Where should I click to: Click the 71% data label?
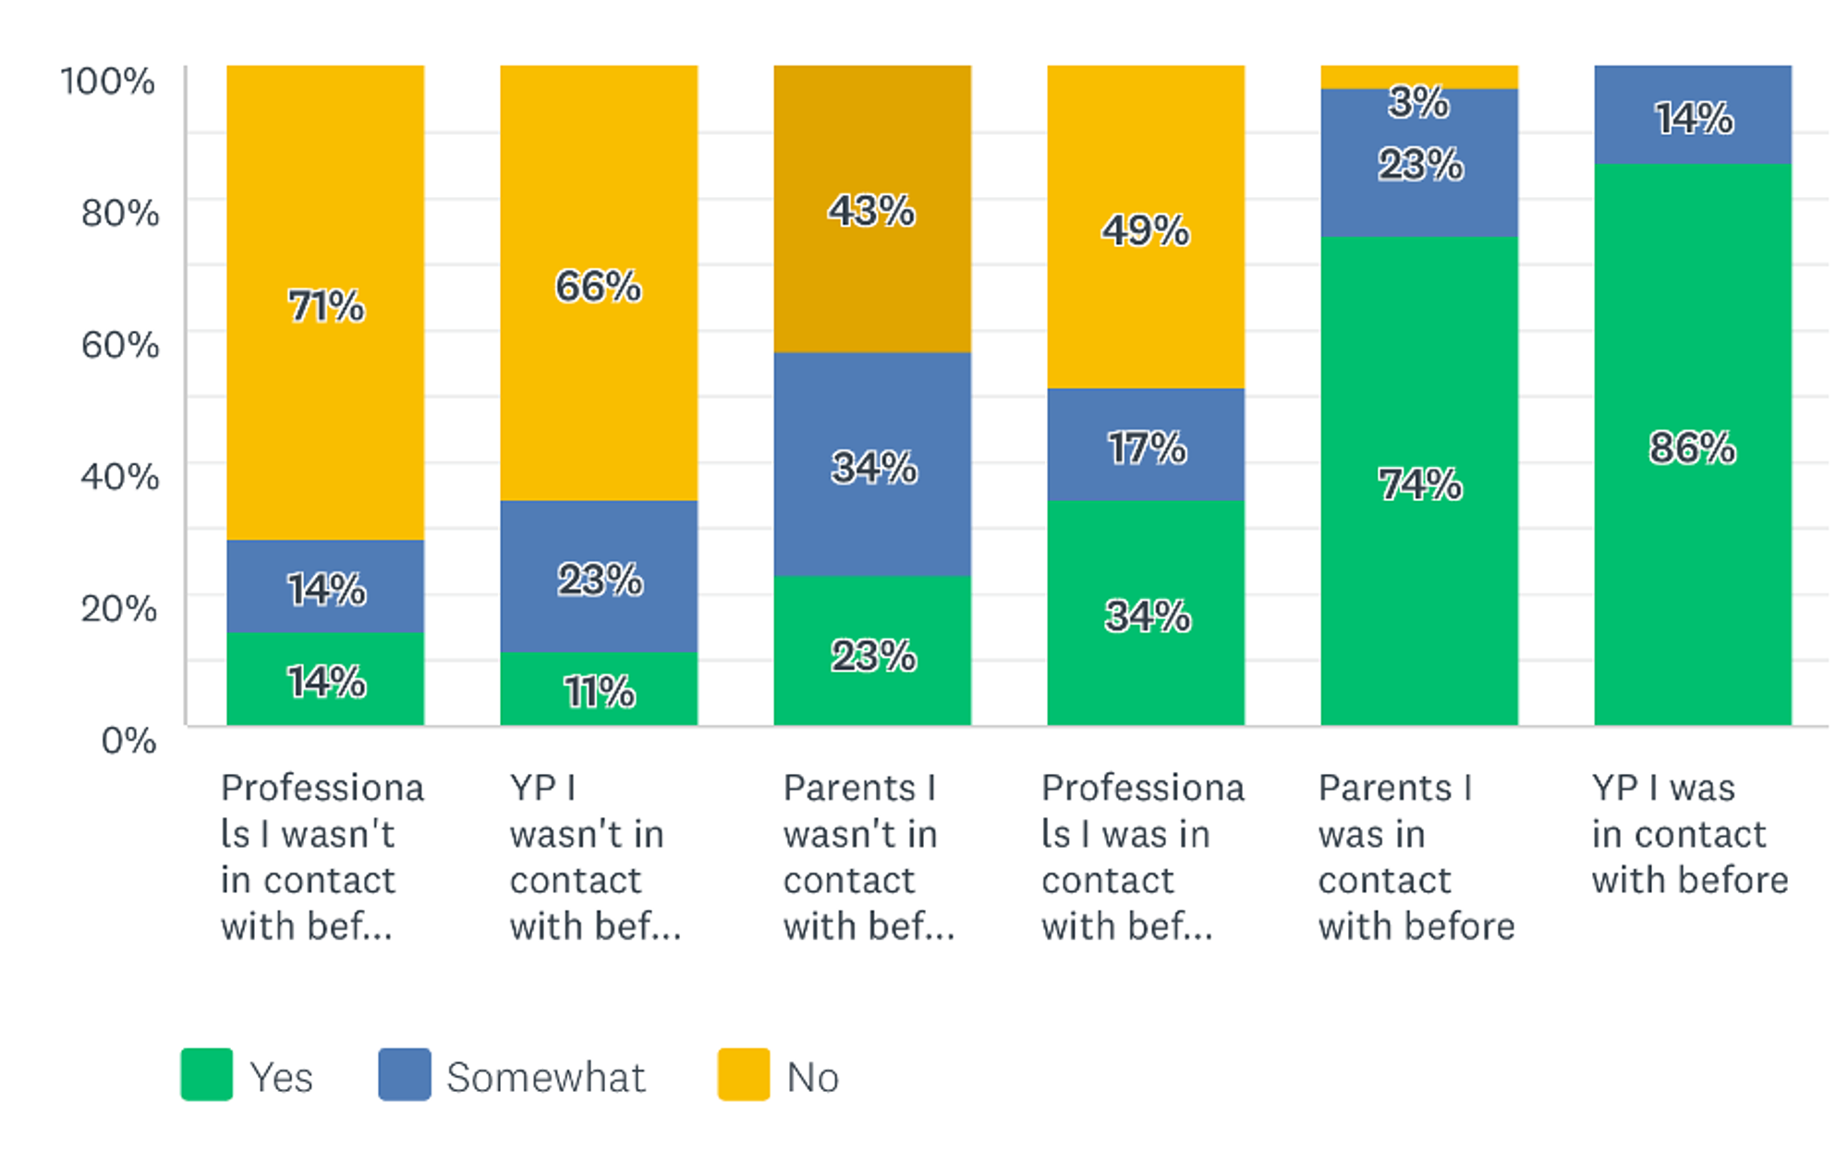[x=326, y=306]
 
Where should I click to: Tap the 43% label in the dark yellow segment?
[x=871, y=211]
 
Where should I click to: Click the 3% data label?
[x=1418, y=102]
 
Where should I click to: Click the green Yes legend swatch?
[x=206, y=1074]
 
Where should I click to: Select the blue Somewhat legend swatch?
[x=405, y=1074]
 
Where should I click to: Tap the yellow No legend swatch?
[x=744, y=1074]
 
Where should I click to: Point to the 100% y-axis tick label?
[x=108, y=81]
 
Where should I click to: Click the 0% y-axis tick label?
[x=128, y=741]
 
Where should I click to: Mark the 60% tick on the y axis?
[x=120, y=345]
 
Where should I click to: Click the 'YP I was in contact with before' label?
[x=1689, y=834]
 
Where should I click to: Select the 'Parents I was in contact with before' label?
[x=1416, y=857]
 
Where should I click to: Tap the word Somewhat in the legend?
[x=546, y=1078]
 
